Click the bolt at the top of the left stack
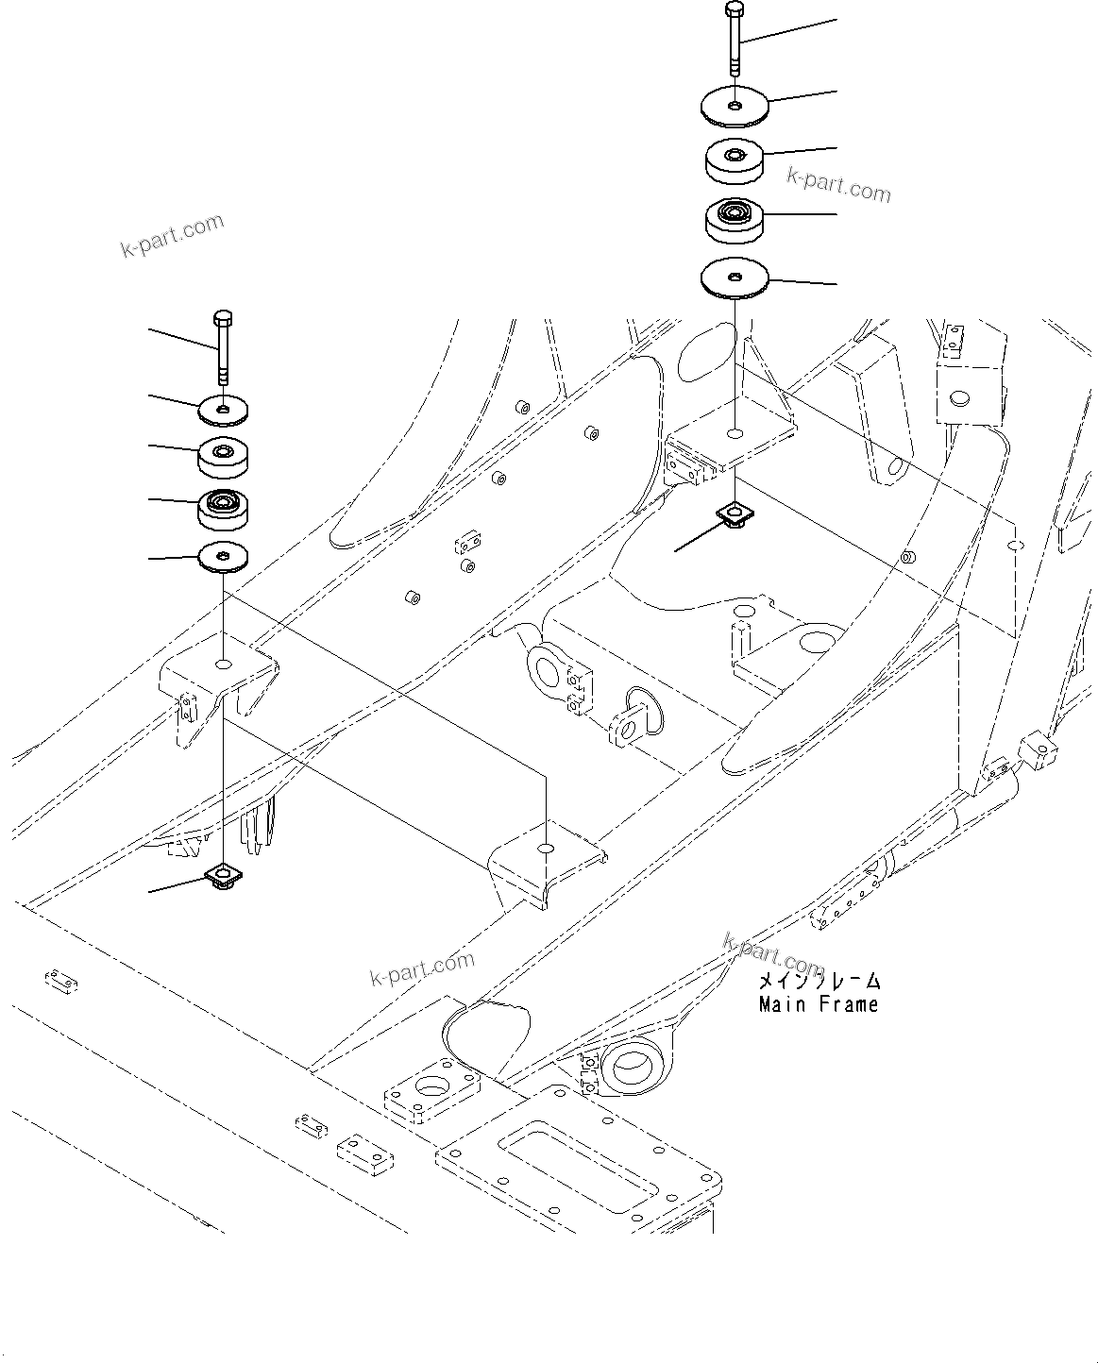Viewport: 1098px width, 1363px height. pos(222,345)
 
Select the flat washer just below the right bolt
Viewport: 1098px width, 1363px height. pos(735,106)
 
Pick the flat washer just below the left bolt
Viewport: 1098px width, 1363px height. pos(223,408)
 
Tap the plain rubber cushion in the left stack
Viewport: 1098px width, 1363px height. pos(223,458)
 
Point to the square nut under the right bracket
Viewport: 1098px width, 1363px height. pos(733,513)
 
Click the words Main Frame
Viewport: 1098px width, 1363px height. pos(819,1004)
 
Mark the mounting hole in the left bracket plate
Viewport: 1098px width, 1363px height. pos(223,665)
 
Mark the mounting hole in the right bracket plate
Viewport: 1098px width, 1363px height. pos(735,434)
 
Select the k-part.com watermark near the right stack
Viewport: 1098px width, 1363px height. pos(838,185)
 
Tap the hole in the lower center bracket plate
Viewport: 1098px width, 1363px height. pos(546,849)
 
